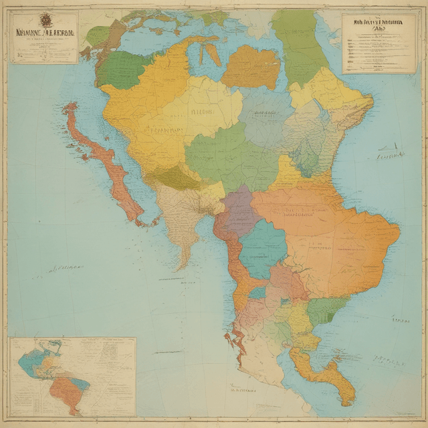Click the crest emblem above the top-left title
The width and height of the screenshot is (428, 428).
(45, 19)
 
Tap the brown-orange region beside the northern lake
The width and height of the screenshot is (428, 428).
(251, 67)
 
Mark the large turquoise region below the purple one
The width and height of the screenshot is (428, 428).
(262, 247)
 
